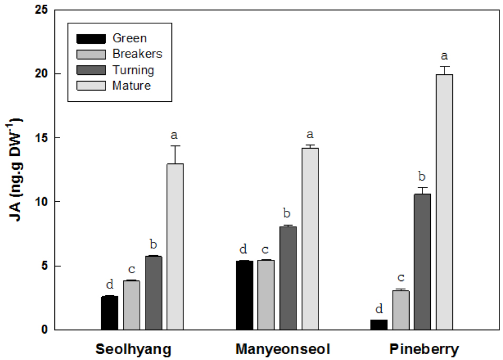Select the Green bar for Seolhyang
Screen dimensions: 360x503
[110, 313]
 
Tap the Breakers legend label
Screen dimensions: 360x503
[138, 54]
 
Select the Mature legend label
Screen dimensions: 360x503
[132, 85]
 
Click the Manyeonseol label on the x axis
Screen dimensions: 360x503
[283, 349]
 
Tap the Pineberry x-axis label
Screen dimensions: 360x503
[424, 349]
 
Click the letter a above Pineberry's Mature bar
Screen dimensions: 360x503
[444, 56]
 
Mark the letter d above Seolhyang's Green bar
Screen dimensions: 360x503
[110, 285]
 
